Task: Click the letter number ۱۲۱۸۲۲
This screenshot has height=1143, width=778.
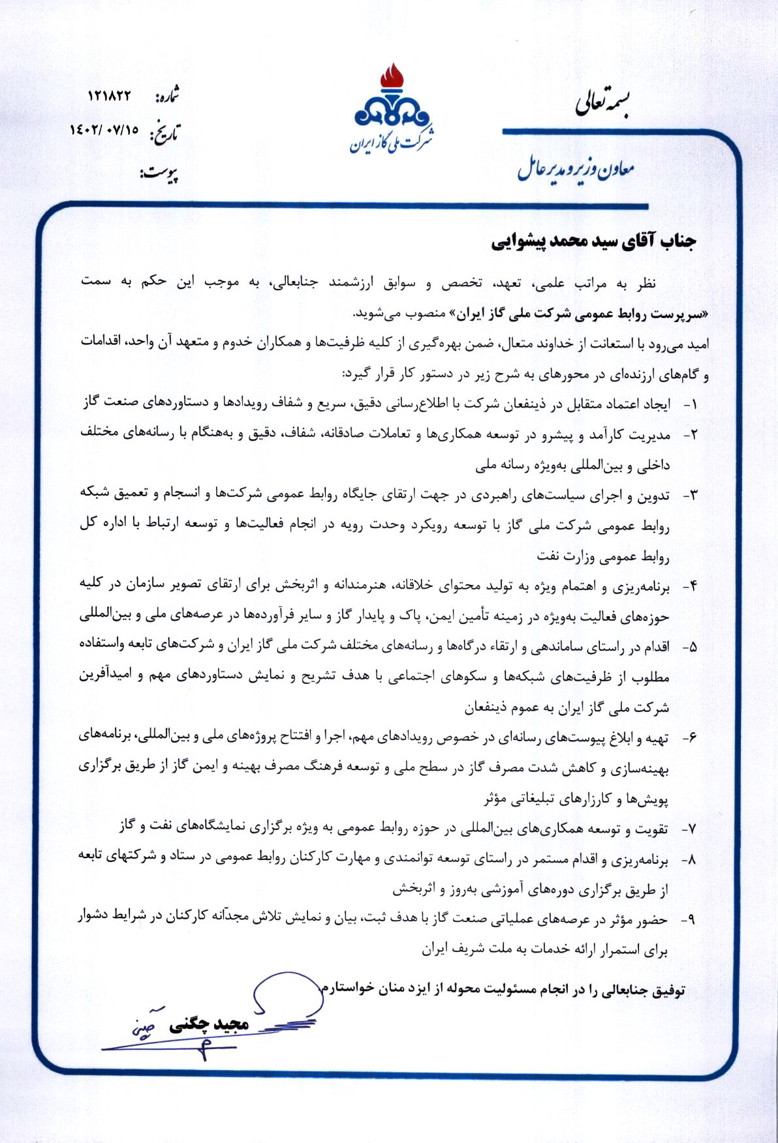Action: [109, 95]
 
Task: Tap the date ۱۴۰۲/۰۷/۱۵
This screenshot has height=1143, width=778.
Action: [104, 130]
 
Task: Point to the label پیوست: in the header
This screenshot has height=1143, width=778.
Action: [159, 174]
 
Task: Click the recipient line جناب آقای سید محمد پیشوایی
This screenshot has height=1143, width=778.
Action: [593, 241]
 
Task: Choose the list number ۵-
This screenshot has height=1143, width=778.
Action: [689, 647]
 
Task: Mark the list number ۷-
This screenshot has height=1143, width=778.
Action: [689, 829]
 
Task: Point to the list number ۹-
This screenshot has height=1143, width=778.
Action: [689, 920]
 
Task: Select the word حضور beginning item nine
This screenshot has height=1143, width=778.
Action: [651, 920]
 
